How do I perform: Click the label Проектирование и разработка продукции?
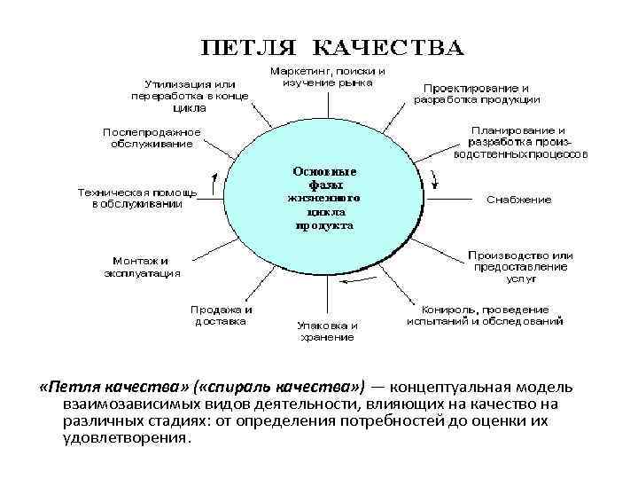(x=476, y=93)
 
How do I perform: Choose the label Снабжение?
(x=518, y=200)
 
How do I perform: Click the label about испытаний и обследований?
(x=485, y=315)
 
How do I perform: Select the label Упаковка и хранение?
(x=327, y=330)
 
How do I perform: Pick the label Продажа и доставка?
(x=221, y=316)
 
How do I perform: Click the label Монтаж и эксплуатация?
(x=140, y=267)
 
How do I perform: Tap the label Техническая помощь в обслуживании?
(x=136, y=197)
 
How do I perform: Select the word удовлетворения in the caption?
(x=124, y=438)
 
